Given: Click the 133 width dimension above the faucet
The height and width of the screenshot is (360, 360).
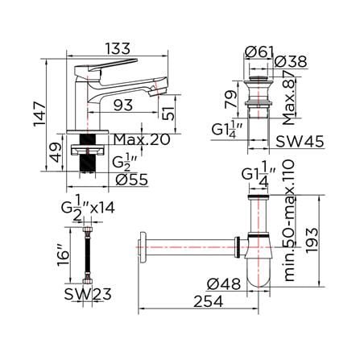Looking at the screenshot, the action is pyautogui.click(x=118, y=49).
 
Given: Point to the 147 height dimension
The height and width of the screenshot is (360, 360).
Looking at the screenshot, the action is pyautogui.click(x=39, y=114).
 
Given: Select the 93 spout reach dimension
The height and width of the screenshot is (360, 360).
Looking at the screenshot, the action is pyautogui.click(x=123, y=106).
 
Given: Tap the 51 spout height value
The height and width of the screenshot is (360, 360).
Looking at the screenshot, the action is pyautogui.click(x=168, y=112).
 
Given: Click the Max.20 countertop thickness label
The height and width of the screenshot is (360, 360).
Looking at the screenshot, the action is pyautogui.click(x=142, y=139).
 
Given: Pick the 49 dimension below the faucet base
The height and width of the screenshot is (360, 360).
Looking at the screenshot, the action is pyautogui.click(x=56, y=152).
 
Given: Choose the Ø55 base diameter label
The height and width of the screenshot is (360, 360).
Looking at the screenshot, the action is pyautogui.click(x=132, y=180).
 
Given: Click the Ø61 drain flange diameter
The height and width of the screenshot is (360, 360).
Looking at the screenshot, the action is pyautogui.click(x=259, y=52).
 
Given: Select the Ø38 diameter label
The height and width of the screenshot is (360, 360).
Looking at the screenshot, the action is pyautogui.click(x=291, y=62).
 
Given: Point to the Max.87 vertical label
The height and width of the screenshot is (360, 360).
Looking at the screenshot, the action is pyautogui.click(x=289, y=98).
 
